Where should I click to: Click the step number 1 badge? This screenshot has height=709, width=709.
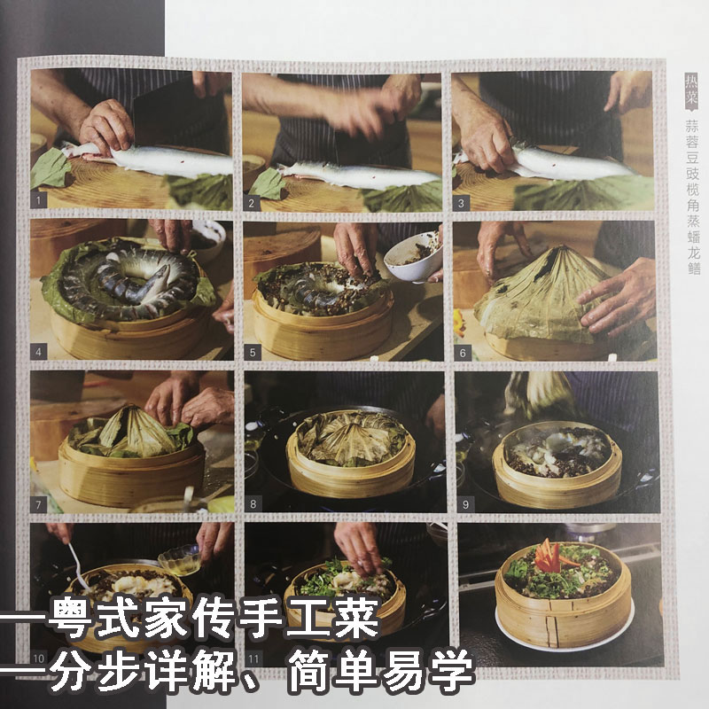(38, 200)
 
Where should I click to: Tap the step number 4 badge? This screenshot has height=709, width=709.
(38, 351)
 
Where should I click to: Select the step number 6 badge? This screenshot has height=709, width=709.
(463, 353)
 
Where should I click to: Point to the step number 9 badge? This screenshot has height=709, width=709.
(466, 503)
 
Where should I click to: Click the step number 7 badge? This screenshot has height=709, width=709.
(38, 504)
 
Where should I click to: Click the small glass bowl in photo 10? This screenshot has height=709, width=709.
(180, 560)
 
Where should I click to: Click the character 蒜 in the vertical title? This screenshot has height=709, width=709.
(692, 126)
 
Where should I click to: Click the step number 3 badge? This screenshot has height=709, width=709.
(461, 203)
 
